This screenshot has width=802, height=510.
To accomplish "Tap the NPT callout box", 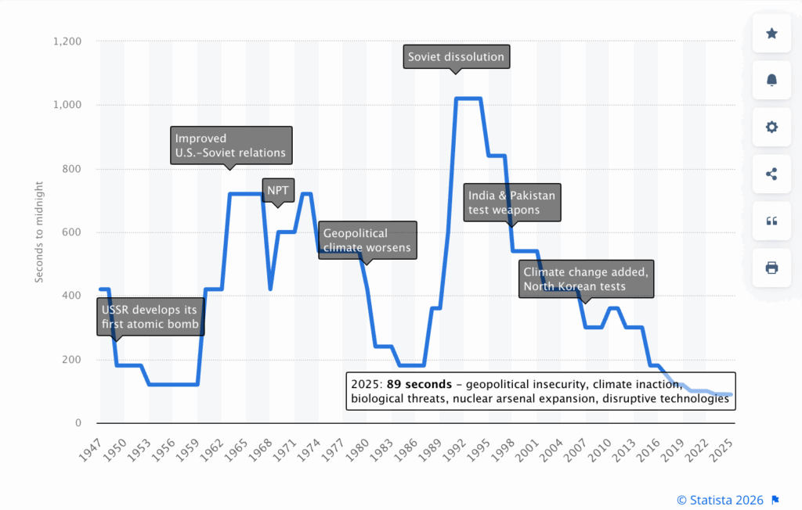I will [277, 190].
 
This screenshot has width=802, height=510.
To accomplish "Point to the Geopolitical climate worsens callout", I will [367, 241].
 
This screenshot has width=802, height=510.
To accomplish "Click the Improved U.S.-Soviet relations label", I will [231, 145].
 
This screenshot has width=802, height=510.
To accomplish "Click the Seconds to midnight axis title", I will [40, 232].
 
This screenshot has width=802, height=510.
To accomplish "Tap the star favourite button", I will [771, 33].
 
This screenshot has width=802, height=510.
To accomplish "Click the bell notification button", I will [771, 80].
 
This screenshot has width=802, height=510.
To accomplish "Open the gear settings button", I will [771, 127].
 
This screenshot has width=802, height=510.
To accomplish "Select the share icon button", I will [771, 174].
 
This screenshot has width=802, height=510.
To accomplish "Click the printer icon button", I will [771, 268].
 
